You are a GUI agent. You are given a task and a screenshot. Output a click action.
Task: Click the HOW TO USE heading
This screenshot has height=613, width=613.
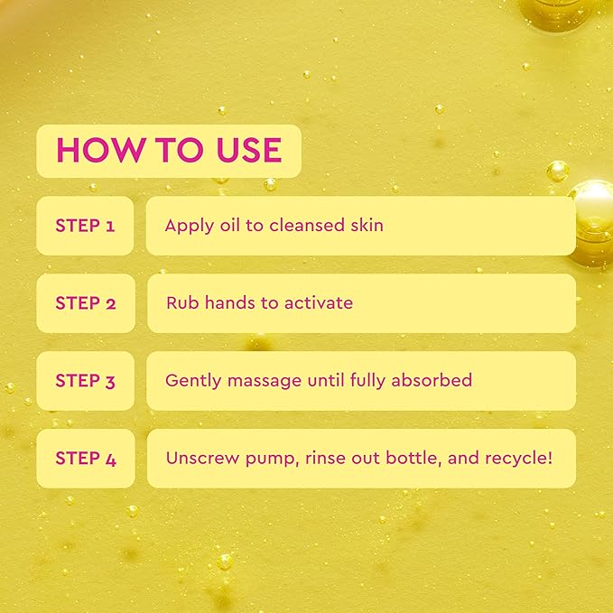pos(169,150)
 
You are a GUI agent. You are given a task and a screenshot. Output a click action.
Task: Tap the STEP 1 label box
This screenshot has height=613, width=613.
pos(85,226)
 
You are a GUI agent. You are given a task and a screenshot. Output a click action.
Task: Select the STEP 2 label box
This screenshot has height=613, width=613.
pos(85,303)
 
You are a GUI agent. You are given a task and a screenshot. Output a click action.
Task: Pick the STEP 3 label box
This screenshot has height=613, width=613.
pos(85,381)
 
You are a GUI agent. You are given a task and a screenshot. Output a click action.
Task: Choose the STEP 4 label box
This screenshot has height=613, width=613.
pos(85,459)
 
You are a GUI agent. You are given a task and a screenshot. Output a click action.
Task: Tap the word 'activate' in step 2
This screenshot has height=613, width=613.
pos(317,303)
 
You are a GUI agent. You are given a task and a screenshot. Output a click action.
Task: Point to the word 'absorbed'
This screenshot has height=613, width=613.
pos(432,381)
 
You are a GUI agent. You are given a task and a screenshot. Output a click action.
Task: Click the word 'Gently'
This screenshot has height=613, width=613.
pos(192,381)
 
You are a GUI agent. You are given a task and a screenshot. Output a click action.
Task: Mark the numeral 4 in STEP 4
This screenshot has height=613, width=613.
pos(111,459)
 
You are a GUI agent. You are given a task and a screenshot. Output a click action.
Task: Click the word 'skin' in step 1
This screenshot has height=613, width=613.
pos(366,226)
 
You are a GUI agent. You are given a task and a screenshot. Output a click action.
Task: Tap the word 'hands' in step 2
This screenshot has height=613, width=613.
pos(230,303)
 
